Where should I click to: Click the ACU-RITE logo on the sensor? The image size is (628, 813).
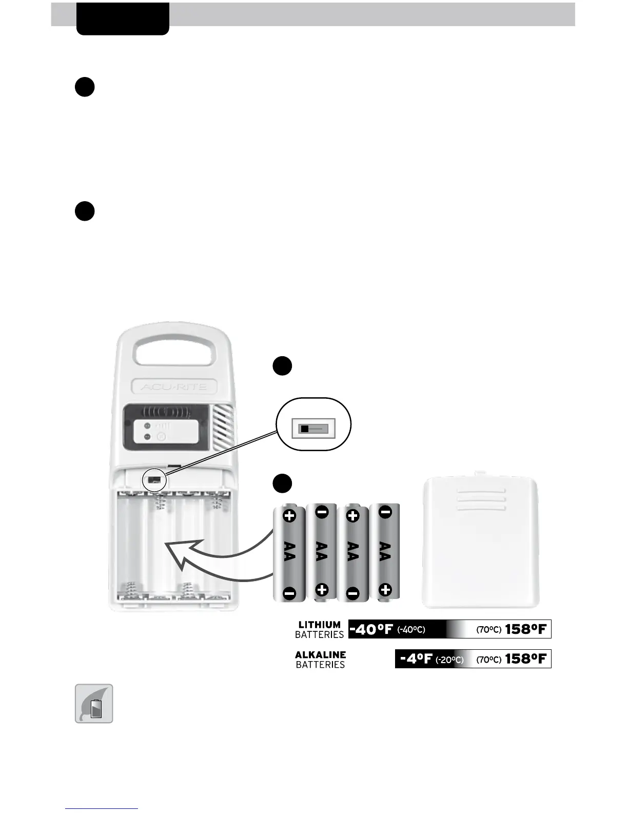click(173, 387)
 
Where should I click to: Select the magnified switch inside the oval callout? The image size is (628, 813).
click(313, 428)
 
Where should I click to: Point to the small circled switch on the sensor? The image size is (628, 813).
click(154, 479)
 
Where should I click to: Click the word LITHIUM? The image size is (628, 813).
click(319, 625)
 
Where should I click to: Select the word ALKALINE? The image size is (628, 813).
click(320, 655)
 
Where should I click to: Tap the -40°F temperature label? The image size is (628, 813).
click(371, 629)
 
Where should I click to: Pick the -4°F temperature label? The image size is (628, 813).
click(416, 659)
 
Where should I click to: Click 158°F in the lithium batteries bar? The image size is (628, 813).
click(526, 629)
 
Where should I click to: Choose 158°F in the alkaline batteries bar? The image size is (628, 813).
click(526, 659)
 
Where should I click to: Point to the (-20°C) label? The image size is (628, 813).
click(449, 660)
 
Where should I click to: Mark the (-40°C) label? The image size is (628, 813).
click(411, 630)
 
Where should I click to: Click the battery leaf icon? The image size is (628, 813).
click(94, 704)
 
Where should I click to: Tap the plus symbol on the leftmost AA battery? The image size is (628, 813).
click(289, 516)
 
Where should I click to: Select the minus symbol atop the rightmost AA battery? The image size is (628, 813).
click(386, 512)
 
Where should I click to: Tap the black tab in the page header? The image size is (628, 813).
click(123, 19)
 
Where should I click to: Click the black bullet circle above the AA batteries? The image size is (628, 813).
click(282, 484)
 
